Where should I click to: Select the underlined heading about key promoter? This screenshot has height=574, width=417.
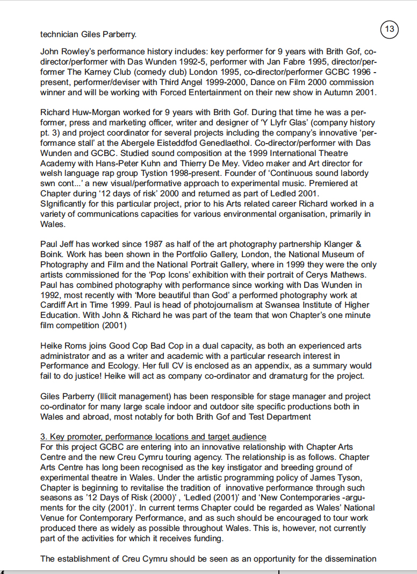point(153,436)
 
